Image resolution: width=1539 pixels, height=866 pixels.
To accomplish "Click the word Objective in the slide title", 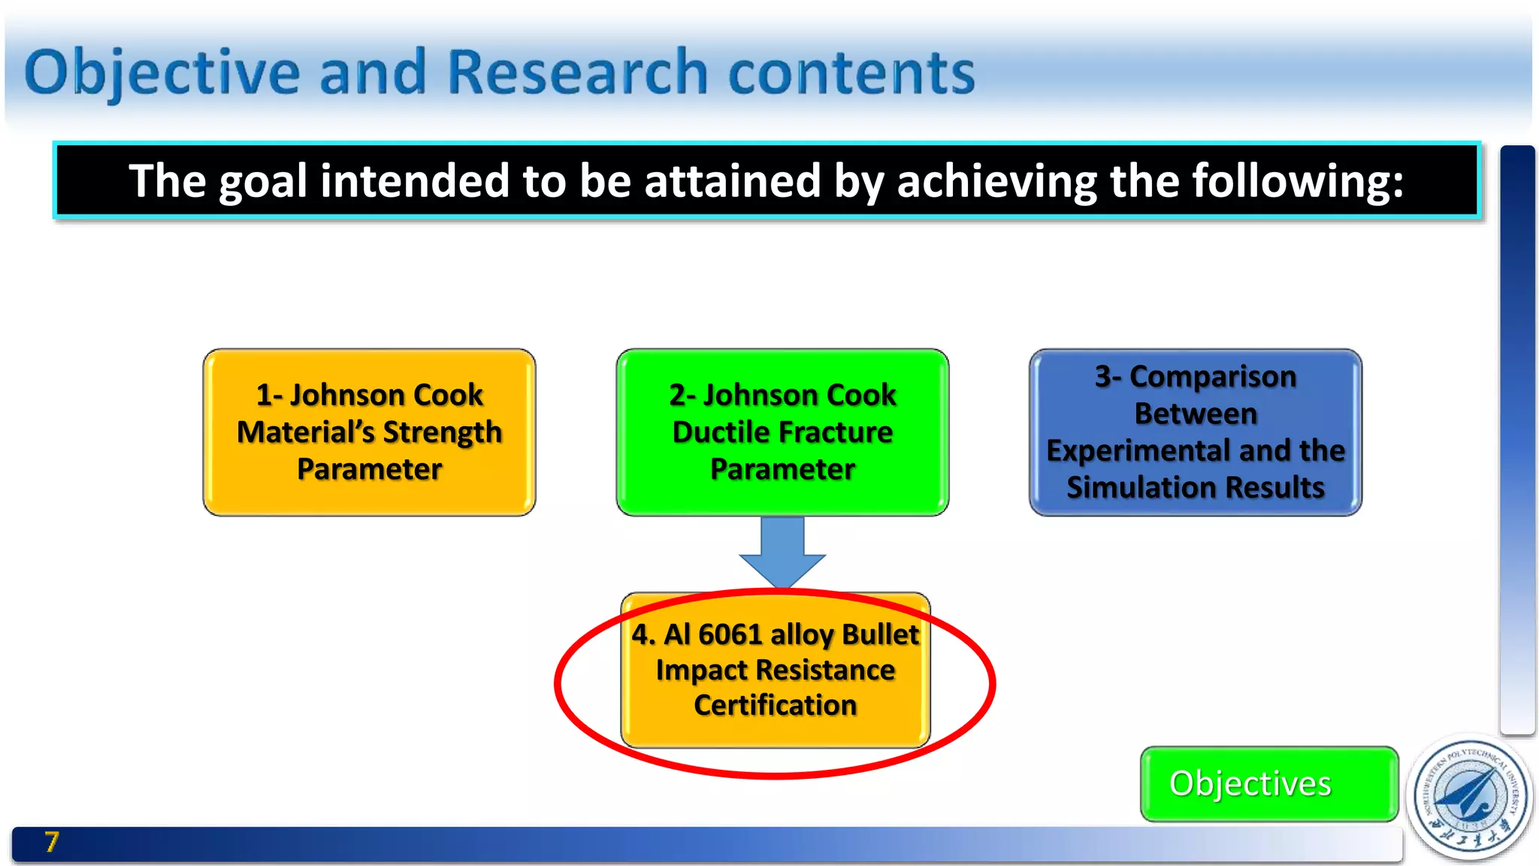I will (x=162, y=74).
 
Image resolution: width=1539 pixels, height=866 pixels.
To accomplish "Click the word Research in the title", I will (x=577, y=74).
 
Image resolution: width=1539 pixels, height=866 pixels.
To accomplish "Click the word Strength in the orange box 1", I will (x=442, y=432).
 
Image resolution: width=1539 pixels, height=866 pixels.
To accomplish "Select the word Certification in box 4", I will (x=775, y=705).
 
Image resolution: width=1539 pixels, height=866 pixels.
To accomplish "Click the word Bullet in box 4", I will (x=880, y=634).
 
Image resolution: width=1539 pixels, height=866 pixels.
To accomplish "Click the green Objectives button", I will (x=1268, y=783).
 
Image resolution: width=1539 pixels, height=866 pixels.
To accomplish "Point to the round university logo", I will (x=1470, y=797).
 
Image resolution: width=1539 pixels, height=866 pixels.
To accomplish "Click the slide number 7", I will (x=51, y=842).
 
